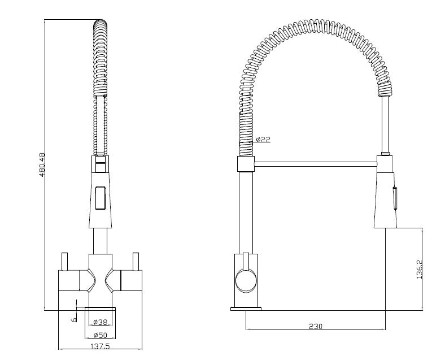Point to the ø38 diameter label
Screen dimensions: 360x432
100,322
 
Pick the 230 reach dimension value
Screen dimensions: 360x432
315,326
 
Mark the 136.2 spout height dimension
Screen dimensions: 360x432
418,269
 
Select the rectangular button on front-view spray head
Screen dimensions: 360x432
99,198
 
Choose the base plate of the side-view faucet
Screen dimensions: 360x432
246,309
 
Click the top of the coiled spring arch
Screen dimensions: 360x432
314,28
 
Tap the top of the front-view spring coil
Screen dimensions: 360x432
99,25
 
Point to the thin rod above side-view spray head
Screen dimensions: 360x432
385,124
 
